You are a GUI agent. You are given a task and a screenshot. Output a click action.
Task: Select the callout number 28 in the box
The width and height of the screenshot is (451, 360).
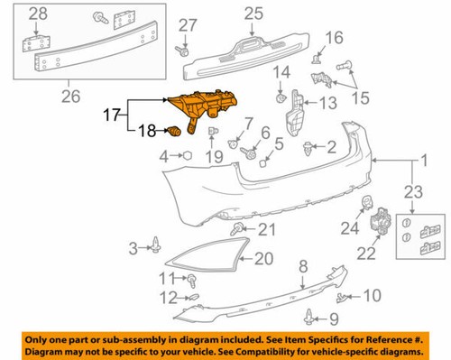tap(38, 14)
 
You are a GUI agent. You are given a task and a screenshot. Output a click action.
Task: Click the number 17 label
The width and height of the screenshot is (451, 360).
tap(113, 116)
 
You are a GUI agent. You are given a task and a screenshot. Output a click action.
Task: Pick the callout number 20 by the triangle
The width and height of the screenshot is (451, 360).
tap(262, 258)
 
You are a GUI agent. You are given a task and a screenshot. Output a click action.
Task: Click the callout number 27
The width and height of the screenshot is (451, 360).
tap(187, 24)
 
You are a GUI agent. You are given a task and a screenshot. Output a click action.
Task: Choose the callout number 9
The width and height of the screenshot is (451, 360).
tap(333, 318)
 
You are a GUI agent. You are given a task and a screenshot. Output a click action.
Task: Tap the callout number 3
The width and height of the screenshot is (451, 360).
tap(132, 247)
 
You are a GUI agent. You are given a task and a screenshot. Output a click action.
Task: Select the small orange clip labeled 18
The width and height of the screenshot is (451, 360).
tap(173, 133)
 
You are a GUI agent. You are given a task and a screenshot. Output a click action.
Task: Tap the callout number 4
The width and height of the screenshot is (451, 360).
tap(164, 156)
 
